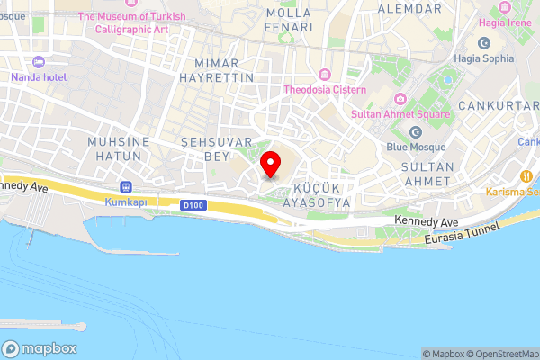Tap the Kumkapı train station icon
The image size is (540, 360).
pyautogui.click(x=125, y=187)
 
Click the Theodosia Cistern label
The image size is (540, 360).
pyautogui.click(x=325, y=90)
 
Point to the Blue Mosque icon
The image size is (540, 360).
pyautogui.click(x=416, y=132)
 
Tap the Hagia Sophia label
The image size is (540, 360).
pyautogui.click(x=484, y=58)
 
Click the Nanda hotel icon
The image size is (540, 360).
pyautogui.click(x=37, y=62)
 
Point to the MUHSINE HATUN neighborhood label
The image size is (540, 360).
pyautogui.click(x=115, y=149)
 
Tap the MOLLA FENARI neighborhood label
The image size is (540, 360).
pyautogui.click(x=288, y=20)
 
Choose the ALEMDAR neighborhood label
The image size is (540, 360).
pyautogui.click(x=409, y=8)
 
